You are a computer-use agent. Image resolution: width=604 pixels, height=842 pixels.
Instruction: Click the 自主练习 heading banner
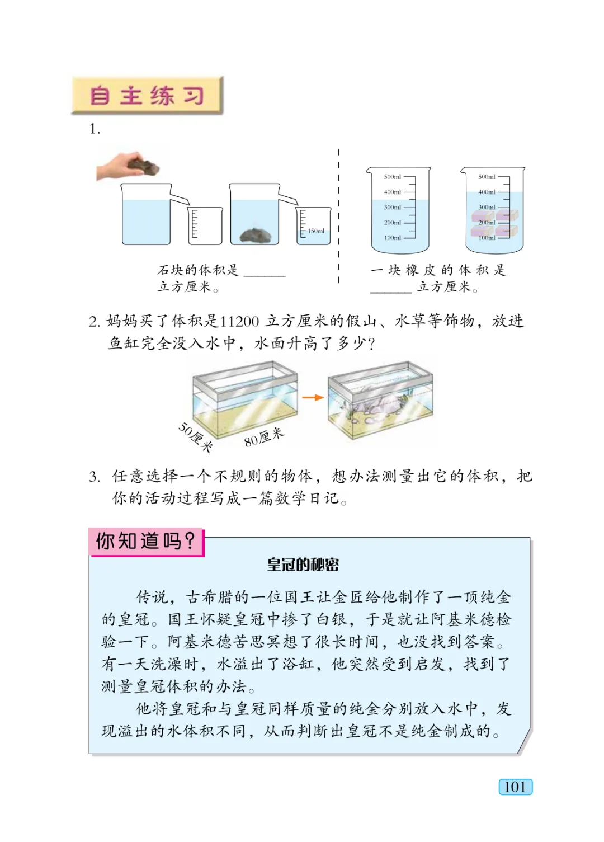pyautogui.click(x=147, y=96)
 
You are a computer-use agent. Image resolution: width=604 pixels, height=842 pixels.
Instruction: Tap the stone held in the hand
pyautogui.click(x=143, y=165)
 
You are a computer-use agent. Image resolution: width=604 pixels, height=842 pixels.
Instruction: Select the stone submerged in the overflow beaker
pyautogui.click(x=255, y=235)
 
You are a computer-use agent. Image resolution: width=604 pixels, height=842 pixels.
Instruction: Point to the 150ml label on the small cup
pyautogui.click(x=316, y=231)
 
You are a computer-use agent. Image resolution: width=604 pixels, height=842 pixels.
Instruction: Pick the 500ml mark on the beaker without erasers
pyautogui.click(x=393, y=177)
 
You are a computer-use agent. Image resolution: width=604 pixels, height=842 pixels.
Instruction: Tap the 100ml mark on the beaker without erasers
pyautogui.click(x=393, y=238)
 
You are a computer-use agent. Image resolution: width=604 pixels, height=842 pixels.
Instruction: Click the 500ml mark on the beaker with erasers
pyautogui.click(x=487, y=177)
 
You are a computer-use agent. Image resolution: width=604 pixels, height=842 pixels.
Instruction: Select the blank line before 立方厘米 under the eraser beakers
pyautogui.click(x=391, y=290)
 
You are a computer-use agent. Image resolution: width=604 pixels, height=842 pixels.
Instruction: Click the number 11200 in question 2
pyautogui.click(x=239, y=321)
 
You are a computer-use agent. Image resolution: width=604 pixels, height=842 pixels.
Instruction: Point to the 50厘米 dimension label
pyautogui.click(x=195, y=437)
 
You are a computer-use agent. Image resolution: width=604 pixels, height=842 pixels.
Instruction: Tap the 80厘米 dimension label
pyautogui.click(x=264, y=437)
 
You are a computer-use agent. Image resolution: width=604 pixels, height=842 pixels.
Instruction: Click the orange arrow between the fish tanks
pyautogui.click(x=313, y=397)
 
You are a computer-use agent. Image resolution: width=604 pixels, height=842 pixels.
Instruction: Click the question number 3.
pyautogui.click(x=95, y=477)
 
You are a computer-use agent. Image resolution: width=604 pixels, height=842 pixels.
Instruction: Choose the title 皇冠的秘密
pyautogui.click(x=303, y=565)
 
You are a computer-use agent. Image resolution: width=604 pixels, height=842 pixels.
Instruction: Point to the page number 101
pyautogui.click(x=515, y=787)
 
